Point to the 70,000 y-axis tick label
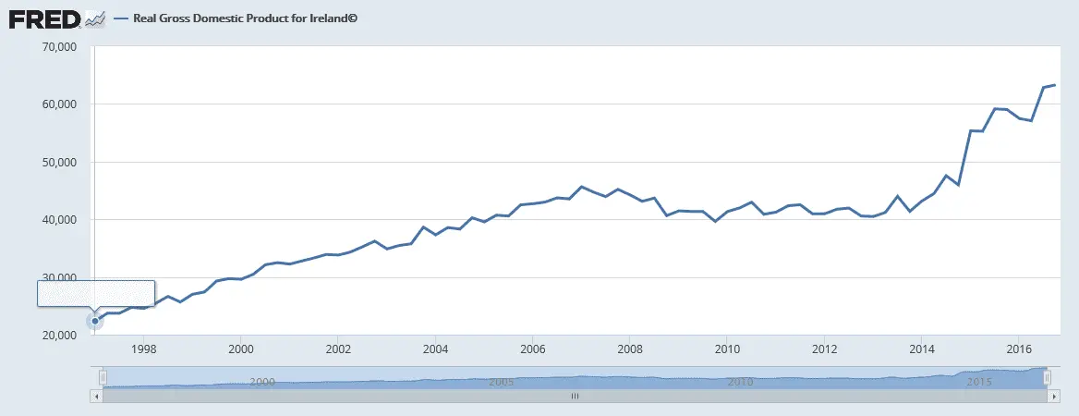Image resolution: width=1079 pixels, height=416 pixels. tap(59, 46)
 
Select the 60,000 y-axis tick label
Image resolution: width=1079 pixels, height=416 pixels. tap(59, 104)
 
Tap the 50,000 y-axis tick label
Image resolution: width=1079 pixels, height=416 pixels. tap(59, 162)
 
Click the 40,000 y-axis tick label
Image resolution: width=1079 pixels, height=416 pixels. tap(59, 220)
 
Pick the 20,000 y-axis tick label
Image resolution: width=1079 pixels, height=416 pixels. tap(59, 336)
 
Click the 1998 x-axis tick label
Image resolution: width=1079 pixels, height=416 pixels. tap(143, 349)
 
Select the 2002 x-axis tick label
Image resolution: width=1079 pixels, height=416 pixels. tap(338, 349)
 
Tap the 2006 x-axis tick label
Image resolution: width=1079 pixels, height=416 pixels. tap(532, 349)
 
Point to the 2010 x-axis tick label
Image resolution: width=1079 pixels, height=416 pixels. tap(727, 349)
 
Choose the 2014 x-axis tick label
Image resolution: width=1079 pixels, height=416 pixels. tap(921, 349)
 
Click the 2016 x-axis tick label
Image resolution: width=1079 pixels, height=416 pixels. tap(1018, 349)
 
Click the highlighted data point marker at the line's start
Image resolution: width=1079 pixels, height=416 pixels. tap(94, 321)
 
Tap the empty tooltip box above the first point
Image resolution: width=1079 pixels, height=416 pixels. tap(95, 292)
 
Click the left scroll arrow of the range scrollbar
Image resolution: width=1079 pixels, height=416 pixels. tap(96, 396)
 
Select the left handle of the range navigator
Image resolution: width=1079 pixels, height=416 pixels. tap(103, 377)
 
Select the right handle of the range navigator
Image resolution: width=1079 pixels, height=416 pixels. tap(1047, 377)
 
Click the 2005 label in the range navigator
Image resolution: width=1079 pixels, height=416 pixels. tap(500, 381)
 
